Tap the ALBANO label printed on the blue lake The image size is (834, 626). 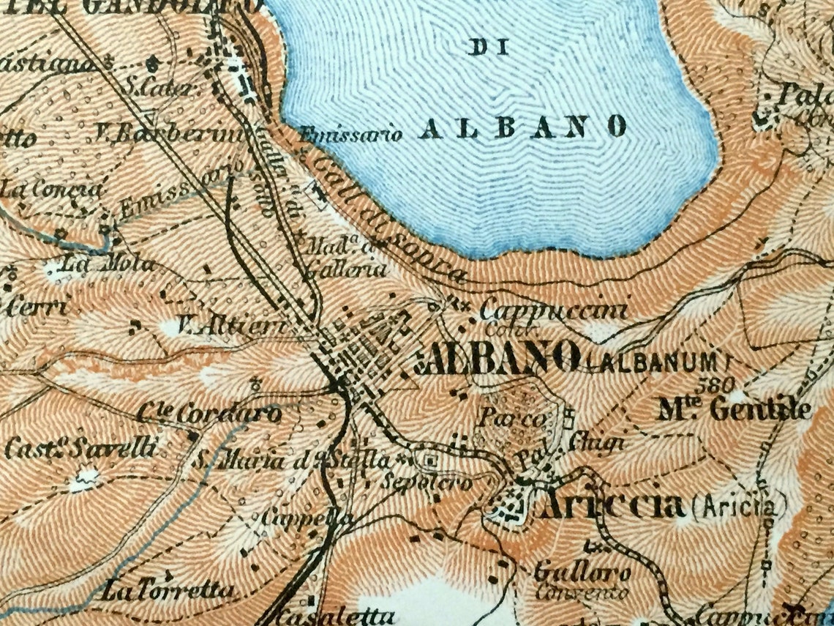(524, 127)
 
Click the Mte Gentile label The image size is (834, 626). (735, 409)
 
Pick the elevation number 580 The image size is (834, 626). (712, 384)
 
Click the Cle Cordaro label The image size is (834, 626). (209, 414)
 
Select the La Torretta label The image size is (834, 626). (169, 589)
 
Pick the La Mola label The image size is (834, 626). (108, 264)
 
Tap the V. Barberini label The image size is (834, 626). (168, 135)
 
